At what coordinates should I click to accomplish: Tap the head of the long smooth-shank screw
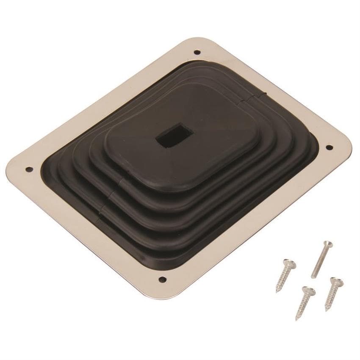328,244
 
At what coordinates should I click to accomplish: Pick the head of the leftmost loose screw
289,263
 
